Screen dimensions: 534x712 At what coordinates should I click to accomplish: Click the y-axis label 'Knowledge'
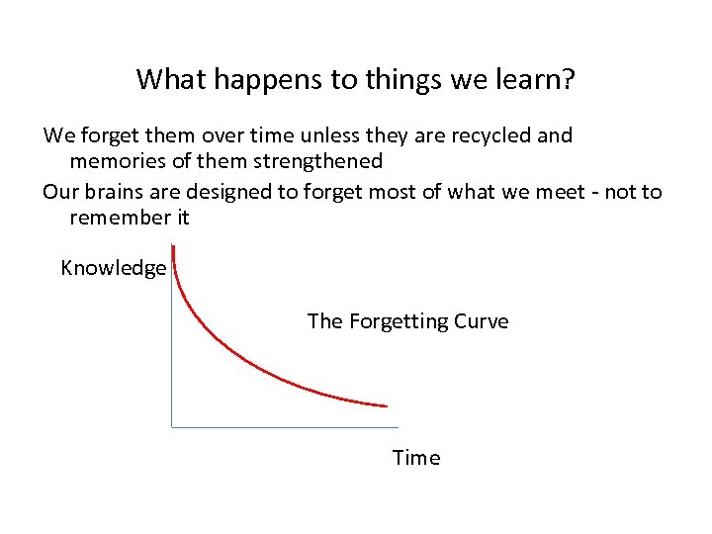click(x=113, y=268)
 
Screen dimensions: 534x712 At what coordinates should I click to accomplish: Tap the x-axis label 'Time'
click(x=415, y=458)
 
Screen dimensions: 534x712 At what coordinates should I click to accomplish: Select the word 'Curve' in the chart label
click(x=482, y=321)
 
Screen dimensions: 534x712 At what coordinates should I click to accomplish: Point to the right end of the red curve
click(x=386, y=405)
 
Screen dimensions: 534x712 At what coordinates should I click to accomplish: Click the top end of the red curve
click(x=174, y=249)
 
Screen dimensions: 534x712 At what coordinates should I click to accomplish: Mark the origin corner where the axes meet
click(x=172, y=426)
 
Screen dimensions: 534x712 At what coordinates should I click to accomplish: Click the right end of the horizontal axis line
click(x=398, y=426)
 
